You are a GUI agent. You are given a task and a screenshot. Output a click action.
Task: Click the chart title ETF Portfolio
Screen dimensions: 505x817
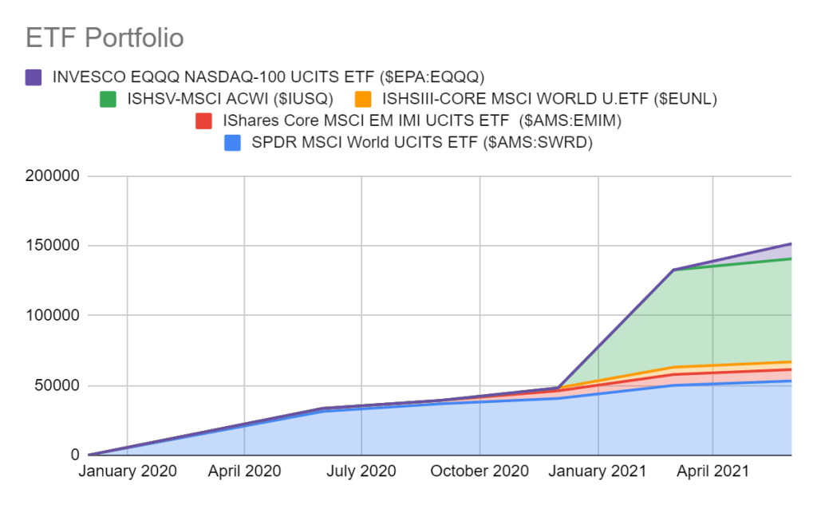(x=105, y=37)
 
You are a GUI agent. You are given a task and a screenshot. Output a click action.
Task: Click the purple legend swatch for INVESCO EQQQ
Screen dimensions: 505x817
(x=34, y=77)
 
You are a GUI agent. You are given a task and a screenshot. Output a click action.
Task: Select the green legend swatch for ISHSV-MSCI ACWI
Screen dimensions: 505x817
(x=108, y=100)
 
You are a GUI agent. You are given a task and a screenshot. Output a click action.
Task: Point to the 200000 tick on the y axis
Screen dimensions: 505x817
(x=52, y=176)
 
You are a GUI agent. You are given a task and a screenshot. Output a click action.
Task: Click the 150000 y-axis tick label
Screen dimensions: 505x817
(x=52, y=246)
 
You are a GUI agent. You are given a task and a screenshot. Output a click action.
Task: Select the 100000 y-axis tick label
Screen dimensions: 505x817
(x=52, y=316)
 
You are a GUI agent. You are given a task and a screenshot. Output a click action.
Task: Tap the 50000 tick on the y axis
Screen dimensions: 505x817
(x=56, y=385)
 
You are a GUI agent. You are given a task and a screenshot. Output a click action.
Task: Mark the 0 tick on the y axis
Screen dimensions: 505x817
(x=73, y=456)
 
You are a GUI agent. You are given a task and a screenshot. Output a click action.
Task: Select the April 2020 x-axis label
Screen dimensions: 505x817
(x=244, y=471)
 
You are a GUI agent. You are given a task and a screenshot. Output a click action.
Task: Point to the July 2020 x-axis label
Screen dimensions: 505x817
(x=361, y=471)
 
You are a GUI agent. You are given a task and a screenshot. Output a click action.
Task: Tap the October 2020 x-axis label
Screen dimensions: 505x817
(x=479, y=471)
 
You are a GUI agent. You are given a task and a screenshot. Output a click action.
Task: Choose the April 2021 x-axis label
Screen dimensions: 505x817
(x=712, y=471)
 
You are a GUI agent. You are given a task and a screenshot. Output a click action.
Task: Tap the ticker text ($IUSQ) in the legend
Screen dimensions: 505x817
(x=303, y=100)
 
